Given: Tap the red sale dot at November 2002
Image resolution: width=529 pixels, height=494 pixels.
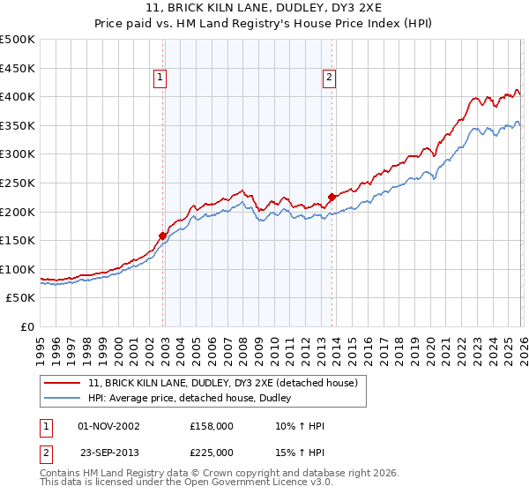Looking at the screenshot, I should point(163,236).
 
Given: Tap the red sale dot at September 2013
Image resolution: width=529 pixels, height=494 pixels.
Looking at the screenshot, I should point(332,197).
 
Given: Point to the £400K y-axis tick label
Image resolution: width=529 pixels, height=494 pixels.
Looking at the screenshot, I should point(18,96).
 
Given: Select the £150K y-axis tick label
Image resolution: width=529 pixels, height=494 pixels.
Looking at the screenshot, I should point(18,240).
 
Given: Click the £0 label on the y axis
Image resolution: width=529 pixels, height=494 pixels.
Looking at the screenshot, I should point(28,326).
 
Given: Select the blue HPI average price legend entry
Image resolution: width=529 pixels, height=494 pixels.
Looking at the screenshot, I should point(195,399).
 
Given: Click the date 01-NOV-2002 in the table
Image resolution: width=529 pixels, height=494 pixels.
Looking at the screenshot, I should point(108,426).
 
